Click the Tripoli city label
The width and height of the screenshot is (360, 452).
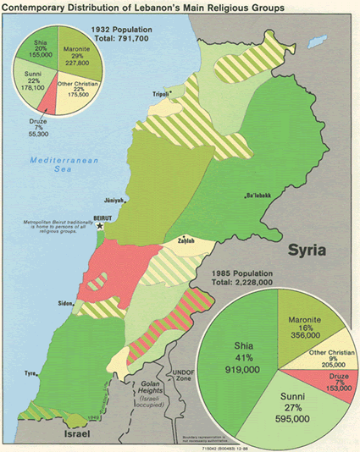coord(160,94)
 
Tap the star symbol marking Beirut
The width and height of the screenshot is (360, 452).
coord(101,225)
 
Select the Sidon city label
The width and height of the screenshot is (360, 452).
coord(64,300)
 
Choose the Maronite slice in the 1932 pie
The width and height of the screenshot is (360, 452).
coord(76,55)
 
